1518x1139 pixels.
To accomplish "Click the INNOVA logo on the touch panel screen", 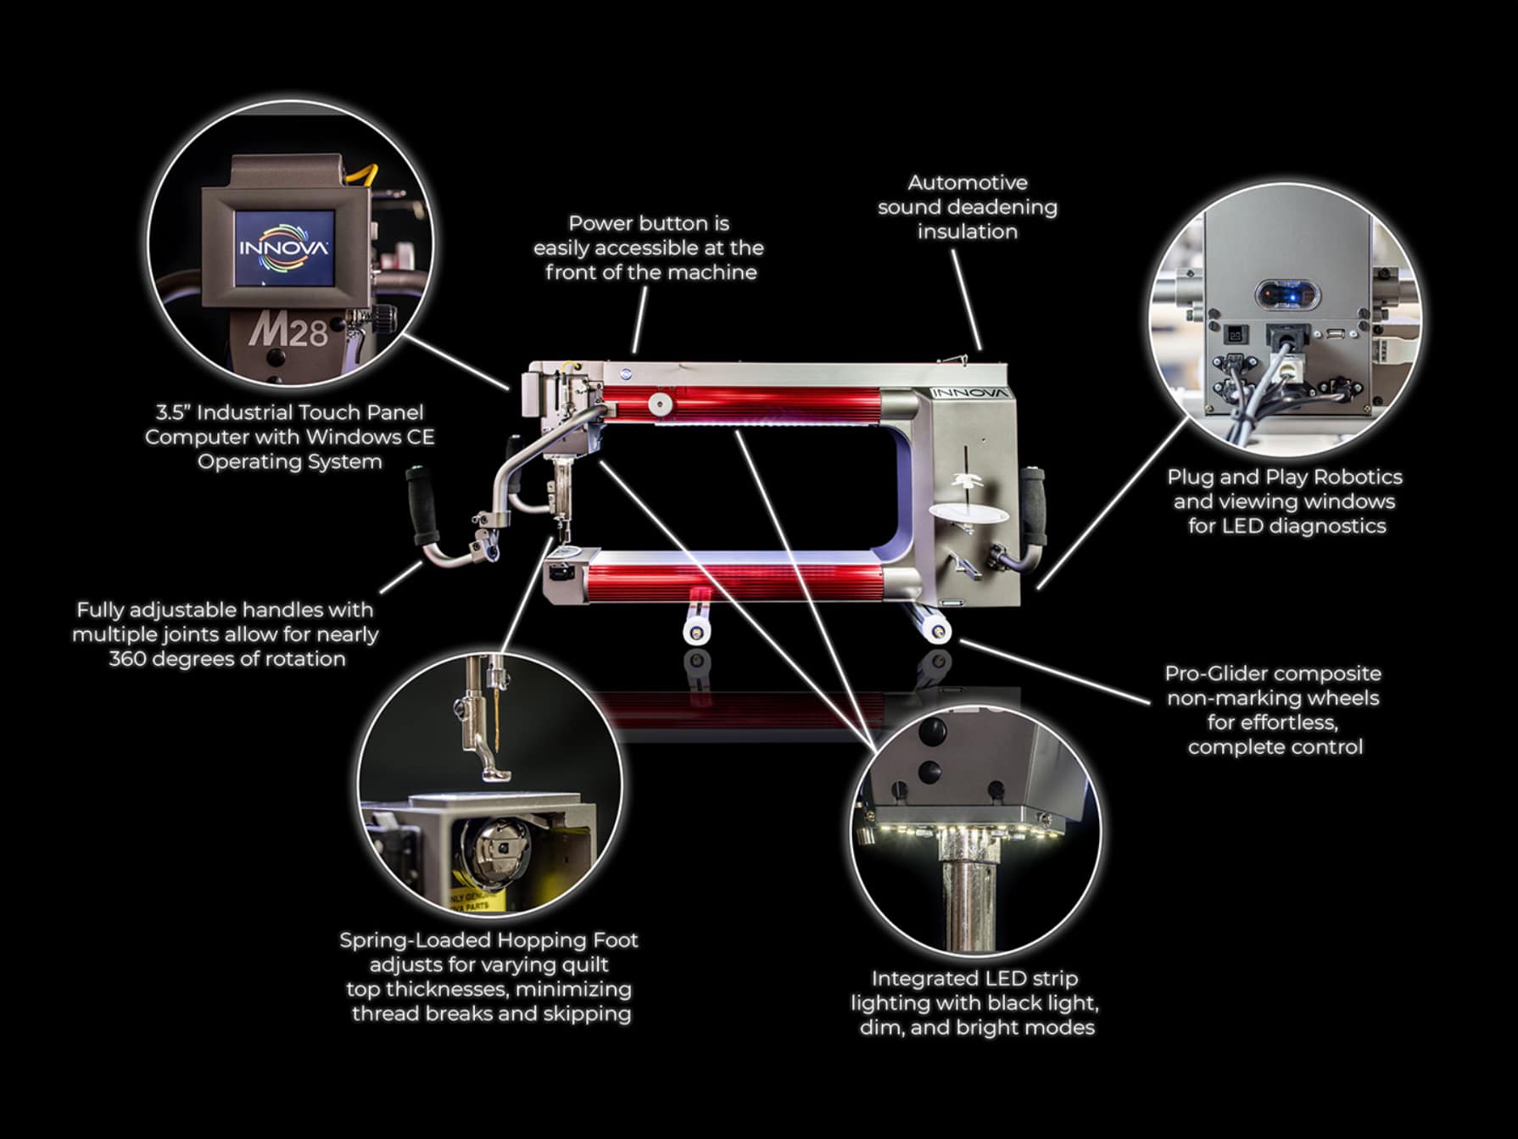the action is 283,248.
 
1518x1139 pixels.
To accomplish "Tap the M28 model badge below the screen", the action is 288,329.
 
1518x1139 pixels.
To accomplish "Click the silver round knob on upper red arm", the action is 658,404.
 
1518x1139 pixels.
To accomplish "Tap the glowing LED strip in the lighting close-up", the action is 959,833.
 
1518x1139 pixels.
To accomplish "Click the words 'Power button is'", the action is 648,223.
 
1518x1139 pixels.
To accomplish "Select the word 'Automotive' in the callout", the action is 967,182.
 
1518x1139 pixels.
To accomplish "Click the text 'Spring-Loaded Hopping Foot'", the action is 488,940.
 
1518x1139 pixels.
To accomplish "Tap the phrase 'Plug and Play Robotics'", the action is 1284,477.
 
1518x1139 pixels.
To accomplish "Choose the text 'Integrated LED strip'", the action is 974,979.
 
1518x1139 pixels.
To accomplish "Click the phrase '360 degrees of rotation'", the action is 227,659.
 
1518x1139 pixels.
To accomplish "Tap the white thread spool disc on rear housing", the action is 969,512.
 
